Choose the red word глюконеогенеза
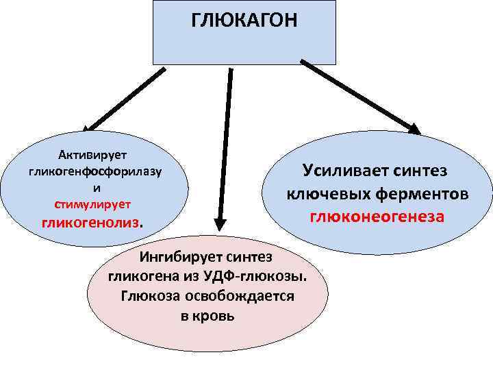click(x=377, y=217)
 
